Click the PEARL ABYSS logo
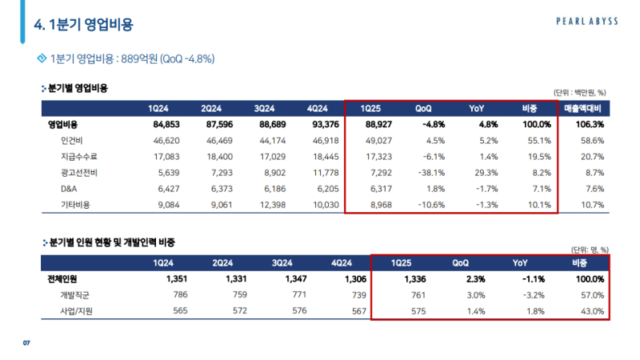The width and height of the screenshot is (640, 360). point(587,22)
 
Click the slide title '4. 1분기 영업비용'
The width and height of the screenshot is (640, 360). point(83,25)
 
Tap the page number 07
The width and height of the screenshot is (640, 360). point(26,344)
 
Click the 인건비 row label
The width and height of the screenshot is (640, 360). point(71,140)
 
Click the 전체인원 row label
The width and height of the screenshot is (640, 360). point(65,279)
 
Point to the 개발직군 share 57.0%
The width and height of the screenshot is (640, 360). point(589,294)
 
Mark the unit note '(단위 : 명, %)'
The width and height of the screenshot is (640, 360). point(590,249)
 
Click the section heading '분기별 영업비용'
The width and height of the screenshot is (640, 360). point(78,87)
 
